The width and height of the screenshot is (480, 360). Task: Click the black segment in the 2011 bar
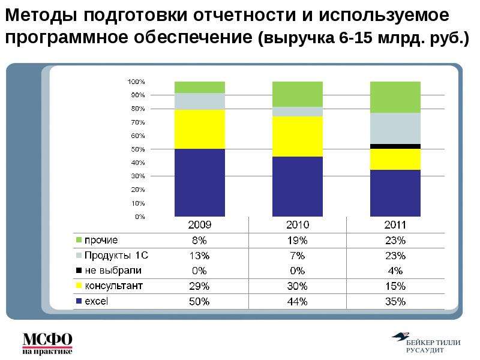[395, 146]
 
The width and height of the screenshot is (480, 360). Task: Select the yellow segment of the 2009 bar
[200, 129]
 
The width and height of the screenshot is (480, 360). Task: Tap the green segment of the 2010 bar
[298, 94]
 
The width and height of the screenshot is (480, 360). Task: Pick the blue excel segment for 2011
[395, 193]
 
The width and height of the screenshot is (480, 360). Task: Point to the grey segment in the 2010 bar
[298, 112]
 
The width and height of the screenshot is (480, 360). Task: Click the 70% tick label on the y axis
[138, 122]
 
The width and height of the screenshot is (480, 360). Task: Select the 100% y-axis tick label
[136, 82]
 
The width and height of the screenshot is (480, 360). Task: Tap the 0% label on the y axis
[140, 217]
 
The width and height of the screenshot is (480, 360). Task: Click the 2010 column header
[298, 225]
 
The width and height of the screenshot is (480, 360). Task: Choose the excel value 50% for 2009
[199, 302]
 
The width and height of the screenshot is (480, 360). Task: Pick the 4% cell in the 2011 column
[395, 271]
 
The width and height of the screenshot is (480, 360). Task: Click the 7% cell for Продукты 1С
[297, 256]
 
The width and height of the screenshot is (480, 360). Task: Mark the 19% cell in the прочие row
[297, 241]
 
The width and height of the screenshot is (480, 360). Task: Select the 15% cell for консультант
[395, 286]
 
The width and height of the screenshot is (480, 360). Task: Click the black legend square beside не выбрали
[79, 271]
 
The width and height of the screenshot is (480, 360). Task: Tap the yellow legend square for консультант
[79, 286]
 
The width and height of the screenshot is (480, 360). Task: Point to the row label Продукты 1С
[116, 256]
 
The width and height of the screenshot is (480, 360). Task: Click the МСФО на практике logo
[47, 343]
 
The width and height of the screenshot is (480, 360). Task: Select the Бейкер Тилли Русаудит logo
[426, 342]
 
